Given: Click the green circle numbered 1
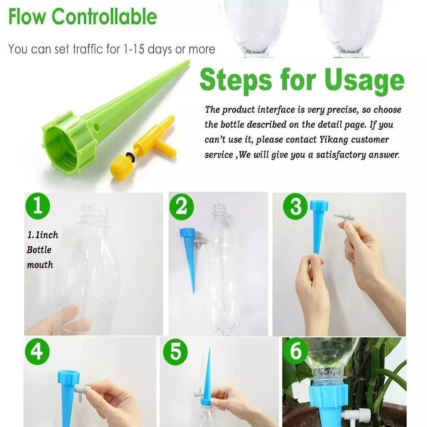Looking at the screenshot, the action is (38, 206).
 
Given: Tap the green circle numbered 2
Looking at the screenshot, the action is (181, 208).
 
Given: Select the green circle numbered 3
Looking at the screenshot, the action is (296, 206).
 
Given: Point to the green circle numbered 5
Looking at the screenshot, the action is (175, 352).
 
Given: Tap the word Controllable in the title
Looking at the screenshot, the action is (104, 17).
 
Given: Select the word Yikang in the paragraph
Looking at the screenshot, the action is (333, 140).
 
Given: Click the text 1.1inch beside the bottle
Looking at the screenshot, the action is (43, 235).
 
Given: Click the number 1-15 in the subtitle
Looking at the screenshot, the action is (134, 49).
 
